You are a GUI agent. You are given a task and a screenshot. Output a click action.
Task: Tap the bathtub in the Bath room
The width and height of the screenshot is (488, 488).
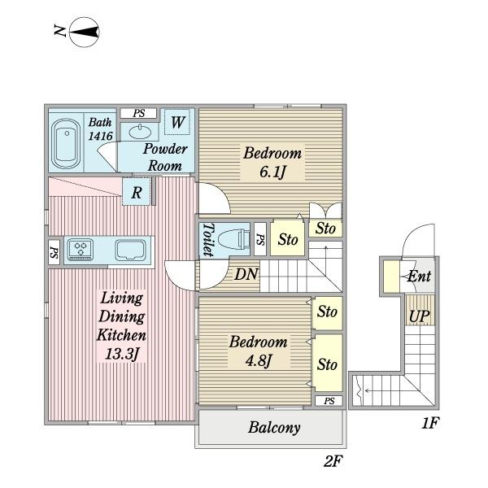[x=66, y=144]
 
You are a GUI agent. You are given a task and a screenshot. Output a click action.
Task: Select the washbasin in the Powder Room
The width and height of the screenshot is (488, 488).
[x=140, y=132]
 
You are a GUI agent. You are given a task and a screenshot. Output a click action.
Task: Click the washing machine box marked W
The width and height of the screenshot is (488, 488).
[x=177, y=122]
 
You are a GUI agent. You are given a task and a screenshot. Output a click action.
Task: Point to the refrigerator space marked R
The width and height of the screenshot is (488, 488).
[x=137, y=192]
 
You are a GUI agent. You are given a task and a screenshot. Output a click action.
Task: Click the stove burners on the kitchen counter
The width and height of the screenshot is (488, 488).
[x=81, y=250]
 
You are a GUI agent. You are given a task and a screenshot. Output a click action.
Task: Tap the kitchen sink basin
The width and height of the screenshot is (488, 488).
[x=130, y=250]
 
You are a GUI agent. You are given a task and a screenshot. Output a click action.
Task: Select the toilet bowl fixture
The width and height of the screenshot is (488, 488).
[x=234, y=241]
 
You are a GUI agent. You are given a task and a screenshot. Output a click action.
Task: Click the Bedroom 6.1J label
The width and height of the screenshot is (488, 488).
[x=272, y=162]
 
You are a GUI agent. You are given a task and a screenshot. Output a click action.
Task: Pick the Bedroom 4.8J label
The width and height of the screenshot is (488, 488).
[x=259, y=351]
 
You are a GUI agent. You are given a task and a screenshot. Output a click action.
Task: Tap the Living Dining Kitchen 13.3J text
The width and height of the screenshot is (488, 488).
[x=121, y=325]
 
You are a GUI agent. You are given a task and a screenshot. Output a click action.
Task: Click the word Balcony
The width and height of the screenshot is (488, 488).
[x=274, y=428]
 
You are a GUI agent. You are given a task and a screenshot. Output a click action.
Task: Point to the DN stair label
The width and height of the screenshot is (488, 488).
[x=246, y=275]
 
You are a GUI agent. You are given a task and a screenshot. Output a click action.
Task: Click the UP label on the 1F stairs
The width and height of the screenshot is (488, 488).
[x=419, y=316]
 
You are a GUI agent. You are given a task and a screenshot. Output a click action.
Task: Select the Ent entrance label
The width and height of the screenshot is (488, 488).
[x=419, y=276]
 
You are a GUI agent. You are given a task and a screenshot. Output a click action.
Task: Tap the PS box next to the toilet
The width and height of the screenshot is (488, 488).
[x=260, y=239]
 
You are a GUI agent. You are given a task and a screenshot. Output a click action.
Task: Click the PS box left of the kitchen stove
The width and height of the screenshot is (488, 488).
[x=54, y=252]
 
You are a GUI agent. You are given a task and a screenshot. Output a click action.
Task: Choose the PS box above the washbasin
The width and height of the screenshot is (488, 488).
[x=138, y=113]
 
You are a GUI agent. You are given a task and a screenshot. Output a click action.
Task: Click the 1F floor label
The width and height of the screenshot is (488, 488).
[x=430, y=423]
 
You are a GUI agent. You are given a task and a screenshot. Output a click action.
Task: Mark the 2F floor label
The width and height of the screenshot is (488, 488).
[x=333, y=461]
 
